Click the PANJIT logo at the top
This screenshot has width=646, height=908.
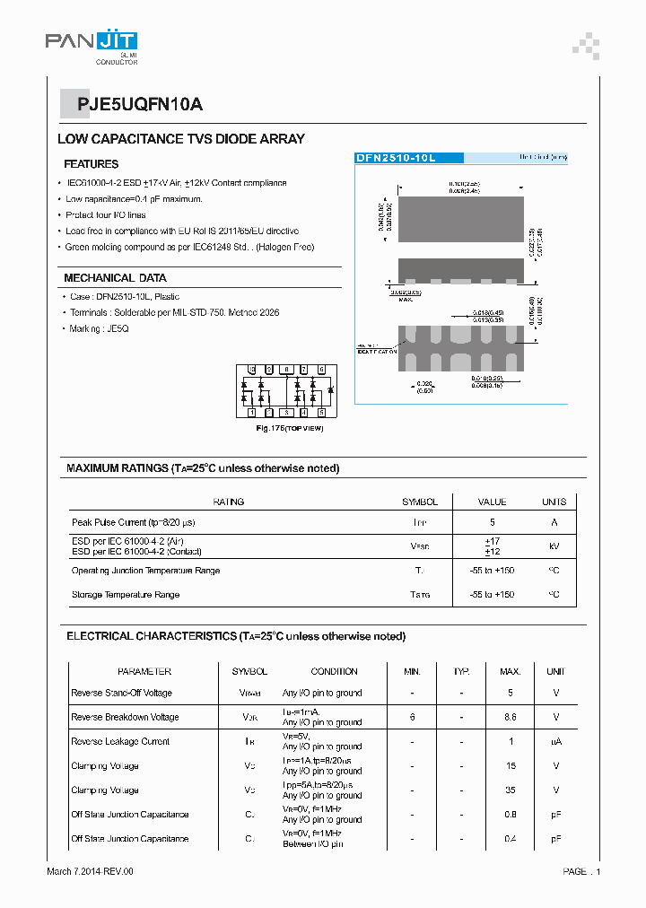click(x=92, y=43)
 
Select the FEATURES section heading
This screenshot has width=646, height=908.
click(x=91, y=164)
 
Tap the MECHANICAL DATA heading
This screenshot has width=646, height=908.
click(x=115, y=278)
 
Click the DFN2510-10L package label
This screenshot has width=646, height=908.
click(x=396, y=158)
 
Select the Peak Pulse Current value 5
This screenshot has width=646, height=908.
click(x=492, y=522)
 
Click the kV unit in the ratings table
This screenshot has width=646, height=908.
click(x=554, y=546)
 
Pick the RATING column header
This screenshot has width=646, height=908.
click(x=228, y=502)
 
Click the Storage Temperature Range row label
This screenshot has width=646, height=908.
click(x=126, y=595)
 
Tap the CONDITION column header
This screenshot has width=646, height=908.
click(x=334, y=671)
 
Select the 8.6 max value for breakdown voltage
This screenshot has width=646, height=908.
click(x=510, y=717)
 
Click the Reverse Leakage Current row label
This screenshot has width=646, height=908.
click(x=120, y=741)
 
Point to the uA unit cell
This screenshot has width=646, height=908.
click(x=555, y=741)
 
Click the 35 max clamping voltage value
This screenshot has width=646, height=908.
click(x=510, y=790)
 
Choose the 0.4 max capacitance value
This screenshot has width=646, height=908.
click(x=510, y=839)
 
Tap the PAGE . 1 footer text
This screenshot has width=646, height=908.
click(x=581, y=871)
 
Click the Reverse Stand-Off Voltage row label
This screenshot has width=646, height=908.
click(x=121, y=693)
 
